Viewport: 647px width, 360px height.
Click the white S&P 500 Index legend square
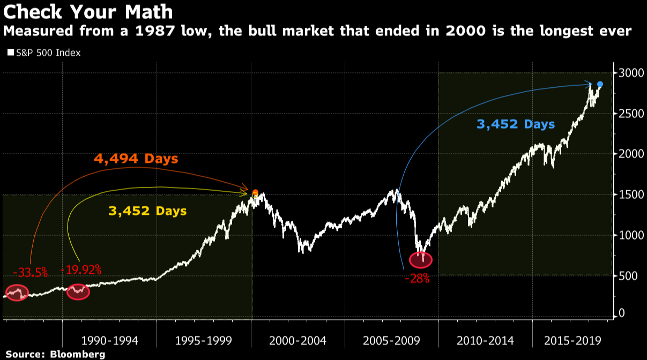point(10,53)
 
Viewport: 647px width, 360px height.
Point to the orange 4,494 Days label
point(136,159)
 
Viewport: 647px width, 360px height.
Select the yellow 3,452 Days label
point(147,211)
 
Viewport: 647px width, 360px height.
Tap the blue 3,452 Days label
point(516,124)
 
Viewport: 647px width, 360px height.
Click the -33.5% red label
point(31,272)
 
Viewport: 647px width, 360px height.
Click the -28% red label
point(418,279)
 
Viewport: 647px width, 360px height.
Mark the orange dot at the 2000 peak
point(255,193)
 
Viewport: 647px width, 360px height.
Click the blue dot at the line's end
point(600,84)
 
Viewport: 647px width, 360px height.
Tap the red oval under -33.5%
point(16,293)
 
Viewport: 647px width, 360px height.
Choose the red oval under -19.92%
point(78,292)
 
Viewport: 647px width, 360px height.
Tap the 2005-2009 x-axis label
point(391,341)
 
